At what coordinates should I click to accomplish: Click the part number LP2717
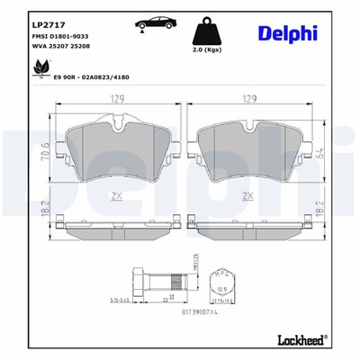click(x=46, y=23)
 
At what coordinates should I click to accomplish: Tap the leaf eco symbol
click(x=39, y=67)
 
